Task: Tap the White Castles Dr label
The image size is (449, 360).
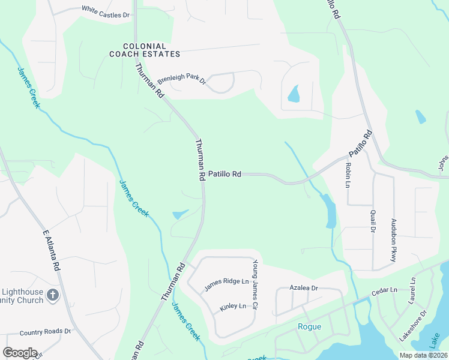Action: click(105, 10)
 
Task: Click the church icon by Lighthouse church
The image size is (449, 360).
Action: click(53, 295)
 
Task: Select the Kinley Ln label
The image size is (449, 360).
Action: click(233, 307)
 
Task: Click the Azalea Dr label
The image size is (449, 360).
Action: click(303, 288)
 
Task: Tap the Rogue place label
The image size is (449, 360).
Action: click(309, 327)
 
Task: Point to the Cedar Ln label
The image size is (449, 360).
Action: click(384, 290)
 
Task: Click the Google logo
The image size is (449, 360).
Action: click(20, 352)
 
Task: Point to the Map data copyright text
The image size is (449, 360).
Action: click(423, 355)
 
